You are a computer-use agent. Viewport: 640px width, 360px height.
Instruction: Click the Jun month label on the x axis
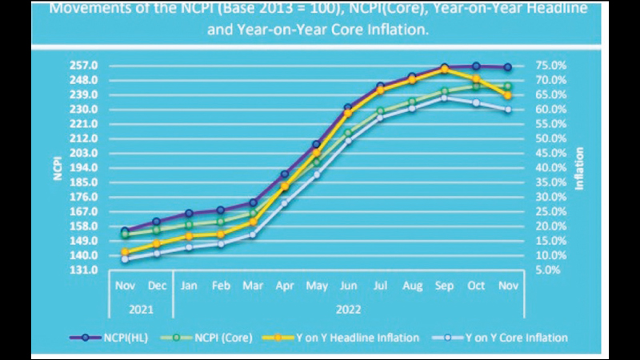349,286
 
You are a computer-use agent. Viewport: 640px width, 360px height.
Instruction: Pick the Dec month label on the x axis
157,286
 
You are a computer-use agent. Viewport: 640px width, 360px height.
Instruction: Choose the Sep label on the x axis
444,286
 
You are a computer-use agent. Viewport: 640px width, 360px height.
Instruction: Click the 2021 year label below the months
141,308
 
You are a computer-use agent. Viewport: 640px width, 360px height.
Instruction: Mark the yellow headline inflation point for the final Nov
508,95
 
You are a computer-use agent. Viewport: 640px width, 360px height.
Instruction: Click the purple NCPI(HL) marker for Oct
476,66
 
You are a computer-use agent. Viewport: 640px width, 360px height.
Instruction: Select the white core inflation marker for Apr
285,203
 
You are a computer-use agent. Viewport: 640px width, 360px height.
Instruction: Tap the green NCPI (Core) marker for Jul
381,111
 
